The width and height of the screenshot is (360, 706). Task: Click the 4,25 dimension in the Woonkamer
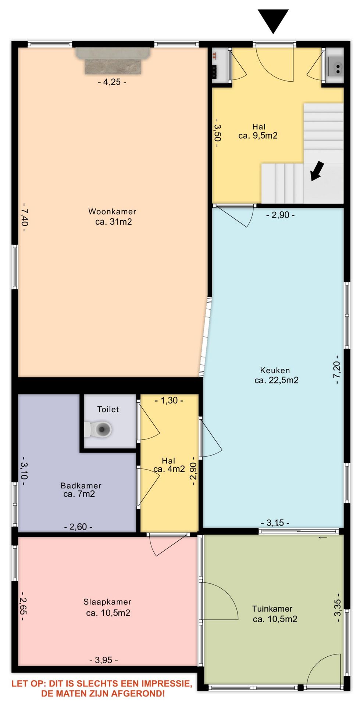click(112, 82)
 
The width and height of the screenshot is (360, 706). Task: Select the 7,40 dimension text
click(25, 217)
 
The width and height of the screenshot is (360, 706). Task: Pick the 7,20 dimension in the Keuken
click(337, 370)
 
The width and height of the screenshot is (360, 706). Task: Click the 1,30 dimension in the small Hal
click(169, 400)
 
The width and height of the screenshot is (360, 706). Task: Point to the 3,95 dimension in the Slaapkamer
click(104, 660)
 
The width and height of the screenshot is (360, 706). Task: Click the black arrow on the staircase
click(317, 171)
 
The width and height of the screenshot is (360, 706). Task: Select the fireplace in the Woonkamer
click(113, 61)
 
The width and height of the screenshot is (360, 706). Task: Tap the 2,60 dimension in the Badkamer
click(78, 527)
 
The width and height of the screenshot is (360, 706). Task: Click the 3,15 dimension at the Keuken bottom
click(275, 523)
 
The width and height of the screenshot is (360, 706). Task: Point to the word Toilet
click(108, 409)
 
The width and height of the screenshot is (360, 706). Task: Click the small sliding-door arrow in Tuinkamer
click(322, 538)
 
